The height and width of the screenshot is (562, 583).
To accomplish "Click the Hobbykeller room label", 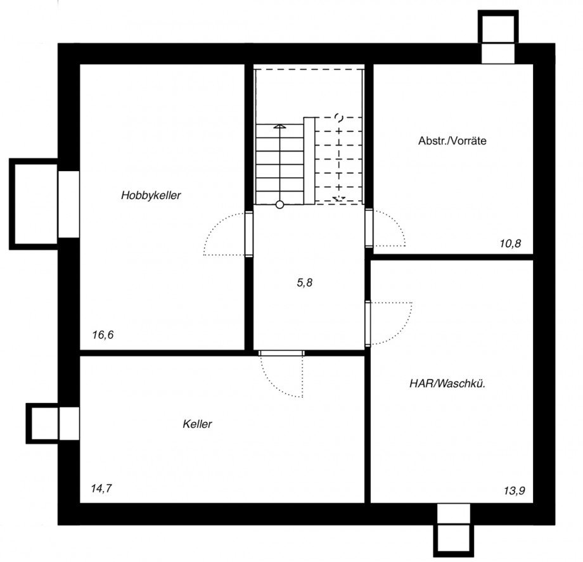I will (151, 196).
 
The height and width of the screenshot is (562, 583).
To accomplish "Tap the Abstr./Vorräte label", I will (452, 141).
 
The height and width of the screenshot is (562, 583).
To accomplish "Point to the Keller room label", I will (197, 424).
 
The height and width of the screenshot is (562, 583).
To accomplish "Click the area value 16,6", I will (103, 335).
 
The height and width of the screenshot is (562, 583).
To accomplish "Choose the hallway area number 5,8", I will (305, 283).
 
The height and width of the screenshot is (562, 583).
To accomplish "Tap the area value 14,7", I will (102, 489).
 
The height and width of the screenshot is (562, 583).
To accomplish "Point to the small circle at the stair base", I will (279, 204).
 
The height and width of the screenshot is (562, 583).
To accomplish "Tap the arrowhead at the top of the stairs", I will (279, 127).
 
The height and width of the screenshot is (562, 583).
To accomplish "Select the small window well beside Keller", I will (42, 423).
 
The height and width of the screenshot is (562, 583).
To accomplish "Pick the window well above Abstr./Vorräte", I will (498, 28).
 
